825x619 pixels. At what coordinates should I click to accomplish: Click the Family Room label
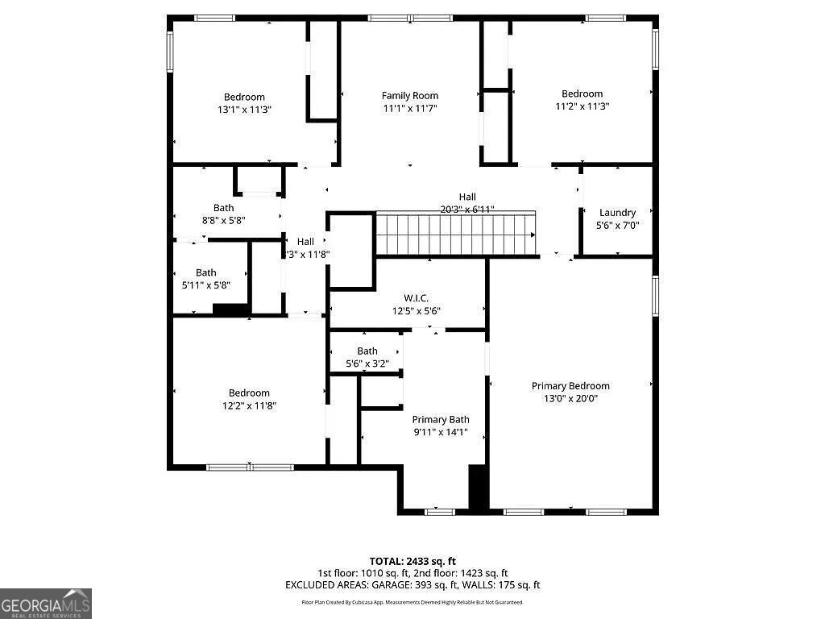click(x=409, y=96)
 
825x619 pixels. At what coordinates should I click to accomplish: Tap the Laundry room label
click(x=617, y=213)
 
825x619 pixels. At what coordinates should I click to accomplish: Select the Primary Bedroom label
click(x=570, y=386)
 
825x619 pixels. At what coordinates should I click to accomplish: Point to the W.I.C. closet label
click(x=416, y=298)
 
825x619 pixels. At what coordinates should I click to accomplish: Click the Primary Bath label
click(x=441, y=420)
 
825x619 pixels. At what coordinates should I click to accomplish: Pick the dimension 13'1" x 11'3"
click(x=244, y=110)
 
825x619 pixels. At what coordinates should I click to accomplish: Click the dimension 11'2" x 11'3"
click(x=582, y=106)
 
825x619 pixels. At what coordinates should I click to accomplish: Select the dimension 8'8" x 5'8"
click(x=223, y=220)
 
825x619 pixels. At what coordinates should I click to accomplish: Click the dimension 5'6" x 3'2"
click(x=367, y=364)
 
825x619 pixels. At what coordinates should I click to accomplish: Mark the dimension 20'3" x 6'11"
click(x=467, y=209)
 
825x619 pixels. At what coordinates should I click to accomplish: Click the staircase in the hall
click(x=456, y=234)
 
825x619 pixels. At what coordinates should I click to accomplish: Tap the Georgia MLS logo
click(x=46, y=603)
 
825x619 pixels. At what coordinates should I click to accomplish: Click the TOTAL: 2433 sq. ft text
click(x=412, y=561)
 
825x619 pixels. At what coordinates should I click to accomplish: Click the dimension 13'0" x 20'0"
click(x=570, y=398)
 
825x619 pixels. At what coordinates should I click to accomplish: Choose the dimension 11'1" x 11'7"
click(x=409, y=108)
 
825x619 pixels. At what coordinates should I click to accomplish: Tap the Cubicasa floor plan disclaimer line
click(x=412, y=602)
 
